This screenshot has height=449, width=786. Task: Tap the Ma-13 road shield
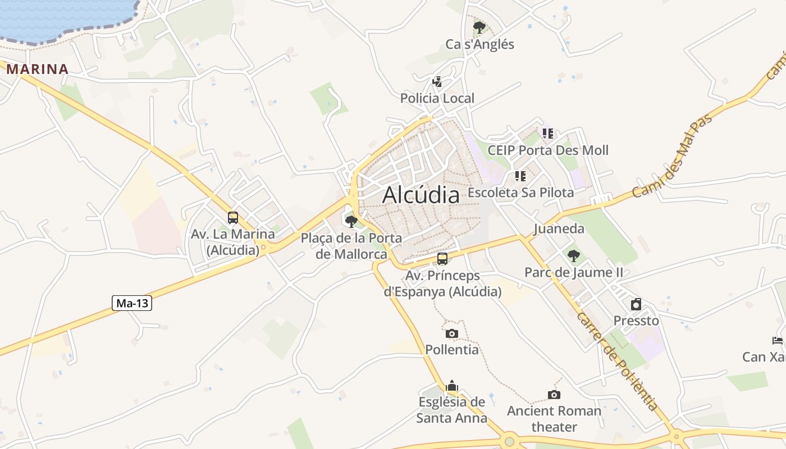132,304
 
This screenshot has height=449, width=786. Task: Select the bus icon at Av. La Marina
233,218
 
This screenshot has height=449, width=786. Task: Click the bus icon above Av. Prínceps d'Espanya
442,259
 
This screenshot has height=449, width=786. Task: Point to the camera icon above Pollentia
452,333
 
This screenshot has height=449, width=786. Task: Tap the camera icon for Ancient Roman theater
554,395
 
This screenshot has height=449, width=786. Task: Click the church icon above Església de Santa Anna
452,386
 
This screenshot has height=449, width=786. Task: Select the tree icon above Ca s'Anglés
479,27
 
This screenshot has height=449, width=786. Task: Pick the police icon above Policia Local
437,82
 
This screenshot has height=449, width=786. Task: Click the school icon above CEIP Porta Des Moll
548,134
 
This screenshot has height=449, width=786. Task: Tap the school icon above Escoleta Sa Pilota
520,176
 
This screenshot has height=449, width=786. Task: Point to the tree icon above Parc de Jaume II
573,256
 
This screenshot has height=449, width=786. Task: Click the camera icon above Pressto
636,304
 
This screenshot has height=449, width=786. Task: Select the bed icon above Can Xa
778,340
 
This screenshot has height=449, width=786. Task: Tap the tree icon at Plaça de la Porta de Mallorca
351,222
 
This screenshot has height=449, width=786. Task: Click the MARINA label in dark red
37,70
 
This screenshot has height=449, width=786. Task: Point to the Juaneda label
559,228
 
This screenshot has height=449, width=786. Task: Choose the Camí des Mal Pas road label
673,156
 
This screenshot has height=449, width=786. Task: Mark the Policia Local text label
437,98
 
